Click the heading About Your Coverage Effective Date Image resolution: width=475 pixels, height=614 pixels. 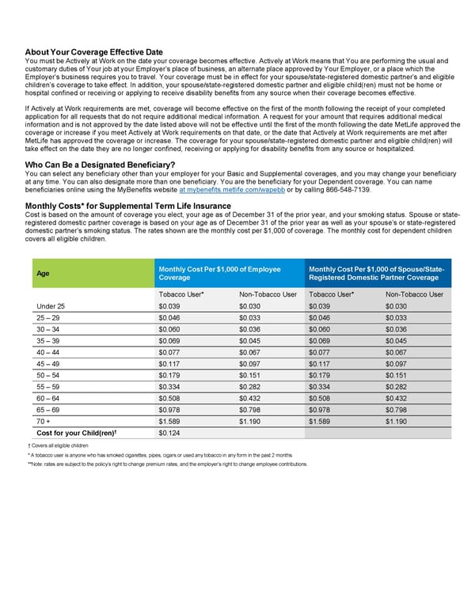94,52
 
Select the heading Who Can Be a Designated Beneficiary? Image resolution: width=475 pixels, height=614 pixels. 100,165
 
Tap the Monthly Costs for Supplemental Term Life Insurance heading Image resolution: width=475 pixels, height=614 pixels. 128,207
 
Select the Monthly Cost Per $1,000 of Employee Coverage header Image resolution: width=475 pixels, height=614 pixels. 219,274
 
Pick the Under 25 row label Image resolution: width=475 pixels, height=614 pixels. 51,307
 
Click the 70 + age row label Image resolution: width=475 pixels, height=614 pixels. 45,422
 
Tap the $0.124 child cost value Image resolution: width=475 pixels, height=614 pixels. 169,433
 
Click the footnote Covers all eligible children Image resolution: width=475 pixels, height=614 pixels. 61,446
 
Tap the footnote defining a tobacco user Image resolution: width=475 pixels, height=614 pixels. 159,455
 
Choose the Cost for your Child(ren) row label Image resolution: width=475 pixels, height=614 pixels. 75,433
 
